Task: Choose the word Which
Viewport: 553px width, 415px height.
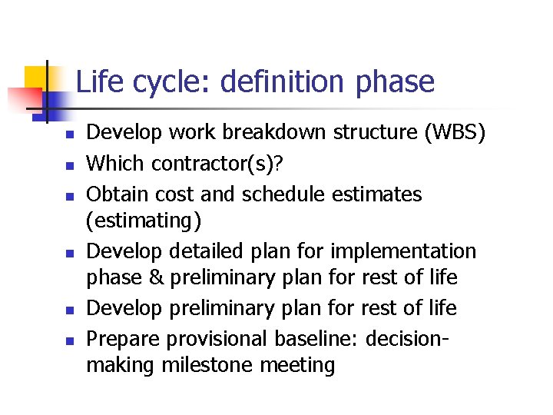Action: (116, 163)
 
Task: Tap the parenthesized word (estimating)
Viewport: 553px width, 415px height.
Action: (144, 221)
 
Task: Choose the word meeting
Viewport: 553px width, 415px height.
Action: (300, 365)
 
